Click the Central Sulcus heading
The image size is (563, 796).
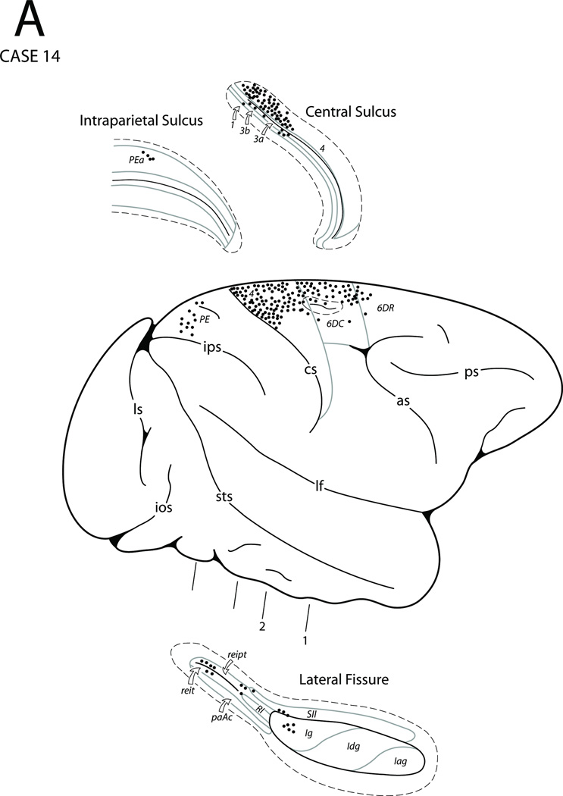pyautogui.click(x=351, y=112)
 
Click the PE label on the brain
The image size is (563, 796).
pyautogui.click(x=205, y=321)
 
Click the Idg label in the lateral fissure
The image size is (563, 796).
pyautogui.click(x=352, y=746)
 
